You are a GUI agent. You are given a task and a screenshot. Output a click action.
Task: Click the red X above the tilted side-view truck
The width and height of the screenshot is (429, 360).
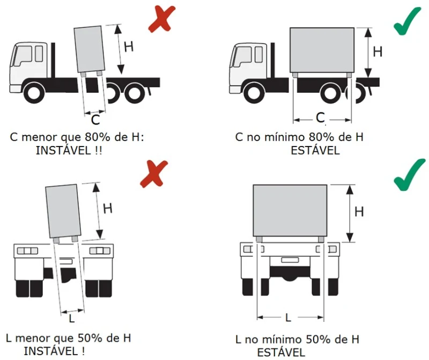[x=160, y=19]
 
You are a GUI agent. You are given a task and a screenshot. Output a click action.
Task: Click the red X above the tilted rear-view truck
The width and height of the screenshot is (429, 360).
[x=153, y=174]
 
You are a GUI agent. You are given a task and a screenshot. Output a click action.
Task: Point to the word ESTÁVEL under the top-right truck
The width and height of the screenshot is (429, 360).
[x=315, y=151]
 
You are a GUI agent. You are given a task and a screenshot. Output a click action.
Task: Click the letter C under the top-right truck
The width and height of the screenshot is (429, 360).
[x=321, y=117]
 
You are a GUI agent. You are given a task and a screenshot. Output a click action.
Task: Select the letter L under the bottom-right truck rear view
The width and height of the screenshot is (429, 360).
[x=288, y=318]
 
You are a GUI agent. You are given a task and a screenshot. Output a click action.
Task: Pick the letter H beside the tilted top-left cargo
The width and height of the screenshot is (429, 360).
[x=129, y=46]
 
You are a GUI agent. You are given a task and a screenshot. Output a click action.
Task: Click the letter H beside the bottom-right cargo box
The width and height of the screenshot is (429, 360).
[x=359, y=212]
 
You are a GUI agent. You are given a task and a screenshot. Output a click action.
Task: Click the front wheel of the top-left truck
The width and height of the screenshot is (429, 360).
[x=33, y=92]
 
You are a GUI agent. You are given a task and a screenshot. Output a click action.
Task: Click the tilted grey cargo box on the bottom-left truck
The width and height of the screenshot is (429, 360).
[x=64, y=210]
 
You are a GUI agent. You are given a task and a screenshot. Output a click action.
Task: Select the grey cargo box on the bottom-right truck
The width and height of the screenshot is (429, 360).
[x=290, y=209]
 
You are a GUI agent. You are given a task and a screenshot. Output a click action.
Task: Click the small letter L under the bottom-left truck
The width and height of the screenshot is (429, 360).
[x=72, y=319]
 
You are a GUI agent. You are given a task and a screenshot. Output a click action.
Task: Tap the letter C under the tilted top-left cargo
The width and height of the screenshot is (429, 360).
[x=94, y=119]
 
